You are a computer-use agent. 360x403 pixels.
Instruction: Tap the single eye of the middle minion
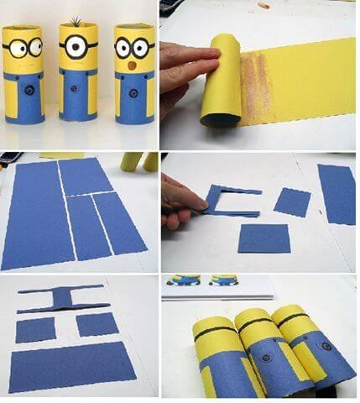[77, 47]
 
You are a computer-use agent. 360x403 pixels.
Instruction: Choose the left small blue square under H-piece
[36, 328]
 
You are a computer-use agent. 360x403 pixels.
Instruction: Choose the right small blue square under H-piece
[97, 324]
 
